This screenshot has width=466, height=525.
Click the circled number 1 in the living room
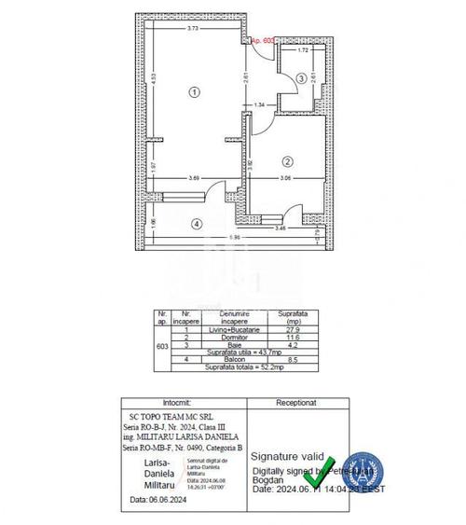click(x=193, y=92)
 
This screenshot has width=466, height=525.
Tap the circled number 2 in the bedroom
click(x=288, y=159)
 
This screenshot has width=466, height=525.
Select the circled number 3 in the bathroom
click(x=301, y=80)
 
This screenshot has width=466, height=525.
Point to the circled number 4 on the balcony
click(x=196, y=223)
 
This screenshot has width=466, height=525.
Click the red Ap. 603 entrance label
click(x=265, y=41)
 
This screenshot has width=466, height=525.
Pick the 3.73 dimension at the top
click(x=192, y=28)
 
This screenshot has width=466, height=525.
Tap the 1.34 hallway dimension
click(x=260, y=104)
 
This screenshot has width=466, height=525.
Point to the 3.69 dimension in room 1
click(x=193, y=178)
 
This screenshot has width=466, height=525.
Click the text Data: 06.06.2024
click(x=152, y=499)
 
